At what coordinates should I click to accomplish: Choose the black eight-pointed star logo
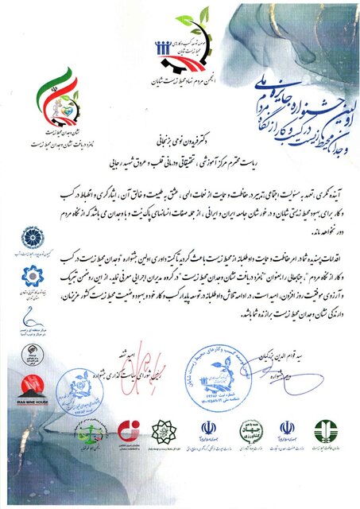(161, 433)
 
